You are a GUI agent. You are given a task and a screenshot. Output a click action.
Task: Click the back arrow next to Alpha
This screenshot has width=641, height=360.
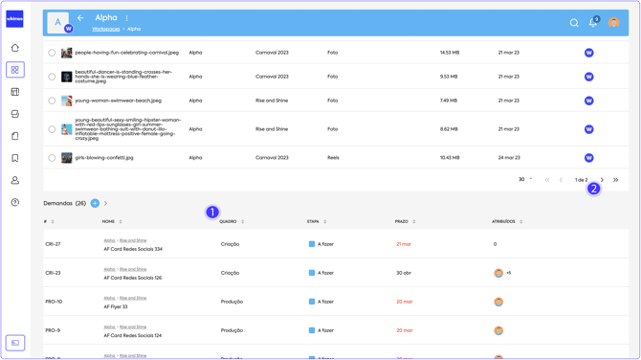tap(80, 18)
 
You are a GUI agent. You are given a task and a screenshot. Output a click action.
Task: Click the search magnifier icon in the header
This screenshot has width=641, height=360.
tap(574, 23)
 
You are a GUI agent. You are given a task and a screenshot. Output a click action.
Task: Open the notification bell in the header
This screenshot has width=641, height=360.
tap(593, 23)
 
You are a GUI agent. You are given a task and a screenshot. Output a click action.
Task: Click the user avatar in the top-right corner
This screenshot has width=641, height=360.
tap(613, 23)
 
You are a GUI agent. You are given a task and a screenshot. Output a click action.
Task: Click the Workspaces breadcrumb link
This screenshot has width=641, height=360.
tap(106, 30)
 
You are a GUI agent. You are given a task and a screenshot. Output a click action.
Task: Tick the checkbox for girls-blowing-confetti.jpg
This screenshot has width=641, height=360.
tap(52, 158)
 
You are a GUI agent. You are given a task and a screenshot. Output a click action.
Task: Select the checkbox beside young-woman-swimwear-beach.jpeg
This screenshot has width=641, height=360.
tap(52, 101)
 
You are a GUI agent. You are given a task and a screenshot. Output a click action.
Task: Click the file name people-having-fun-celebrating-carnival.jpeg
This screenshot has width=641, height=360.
tap(126, 53)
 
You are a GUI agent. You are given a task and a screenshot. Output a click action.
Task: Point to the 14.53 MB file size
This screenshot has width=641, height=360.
tap(450, 53)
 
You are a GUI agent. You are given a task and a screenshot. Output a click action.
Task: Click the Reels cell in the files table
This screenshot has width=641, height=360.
tap(333, 158)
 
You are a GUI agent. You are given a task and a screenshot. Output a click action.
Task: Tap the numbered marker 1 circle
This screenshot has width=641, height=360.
tap(212, 212)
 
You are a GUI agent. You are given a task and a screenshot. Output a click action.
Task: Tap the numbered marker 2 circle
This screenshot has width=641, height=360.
tap(593, 189)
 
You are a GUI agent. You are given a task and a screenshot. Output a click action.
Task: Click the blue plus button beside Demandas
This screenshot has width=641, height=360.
tap(95, 203)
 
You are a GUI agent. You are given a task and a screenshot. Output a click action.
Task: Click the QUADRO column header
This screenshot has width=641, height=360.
tap(228, 222)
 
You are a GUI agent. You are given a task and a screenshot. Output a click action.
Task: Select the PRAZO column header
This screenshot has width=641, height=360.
tap(402, 222)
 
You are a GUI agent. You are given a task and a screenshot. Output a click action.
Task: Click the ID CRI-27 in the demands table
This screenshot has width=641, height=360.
tap(53, 244)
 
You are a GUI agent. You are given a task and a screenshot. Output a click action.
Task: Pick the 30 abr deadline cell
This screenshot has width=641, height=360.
tap(404, 273)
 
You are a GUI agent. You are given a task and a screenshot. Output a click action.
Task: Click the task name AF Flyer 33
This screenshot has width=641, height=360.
tap(116, 307)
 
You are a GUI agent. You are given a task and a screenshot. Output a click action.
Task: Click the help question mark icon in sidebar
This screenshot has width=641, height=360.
tap(15, 203)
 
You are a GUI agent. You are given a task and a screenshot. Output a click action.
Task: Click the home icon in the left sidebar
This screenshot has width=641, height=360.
tap(15, 48)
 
